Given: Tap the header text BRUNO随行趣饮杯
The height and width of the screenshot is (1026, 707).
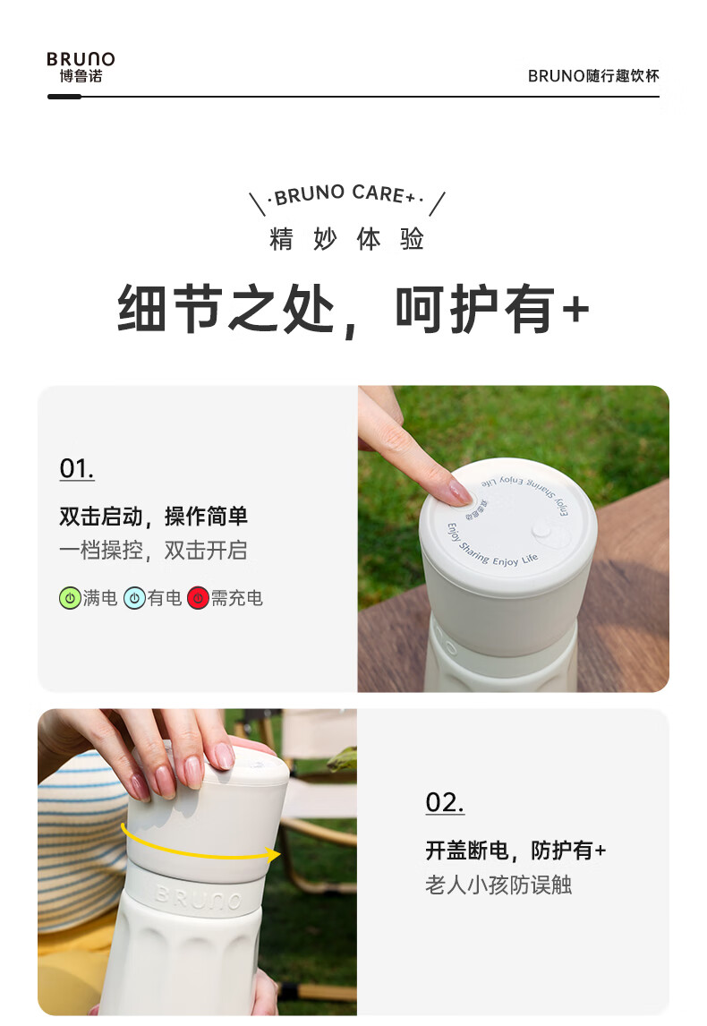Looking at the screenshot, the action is [593, 76].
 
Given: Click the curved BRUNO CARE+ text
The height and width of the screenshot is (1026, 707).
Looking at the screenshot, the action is [346, 193].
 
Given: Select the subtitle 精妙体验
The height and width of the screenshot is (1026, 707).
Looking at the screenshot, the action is [346, 239].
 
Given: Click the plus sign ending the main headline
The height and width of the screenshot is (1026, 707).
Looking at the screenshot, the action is [575, 309].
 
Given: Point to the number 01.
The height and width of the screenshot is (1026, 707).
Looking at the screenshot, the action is [77, 468].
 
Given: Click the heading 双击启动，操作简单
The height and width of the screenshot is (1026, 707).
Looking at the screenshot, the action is [154, 517].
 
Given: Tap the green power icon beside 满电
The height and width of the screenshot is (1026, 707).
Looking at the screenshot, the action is [70, 598].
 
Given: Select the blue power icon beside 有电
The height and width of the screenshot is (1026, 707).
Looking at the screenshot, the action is [134, 598].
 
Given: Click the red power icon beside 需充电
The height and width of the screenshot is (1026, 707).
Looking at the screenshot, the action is [198, 598].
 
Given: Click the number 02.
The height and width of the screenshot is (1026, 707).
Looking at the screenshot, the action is [445, 803].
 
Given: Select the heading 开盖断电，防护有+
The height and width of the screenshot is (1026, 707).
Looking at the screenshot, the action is [516, 851].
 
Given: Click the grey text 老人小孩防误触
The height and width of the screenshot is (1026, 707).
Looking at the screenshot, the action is [498, 885].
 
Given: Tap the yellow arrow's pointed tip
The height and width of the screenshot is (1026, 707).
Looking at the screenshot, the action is [280, 854].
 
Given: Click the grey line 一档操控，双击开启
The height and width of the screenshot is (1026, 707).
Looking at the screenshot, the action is [154, 551].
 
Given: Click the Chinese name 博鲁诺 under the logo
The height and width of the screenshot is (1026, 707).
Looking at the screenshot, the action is [81, 77].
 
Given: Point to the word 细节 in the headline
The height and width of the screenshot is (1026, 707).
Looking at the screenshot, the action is [170, 309].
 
